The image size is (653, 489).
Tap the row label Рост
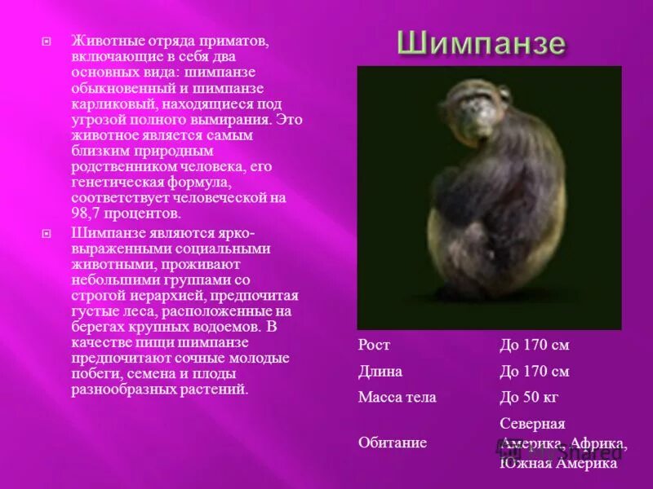pyautogui.click(x=374, y=345)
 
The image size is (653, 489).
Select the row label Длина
pyautogui.click(x=380, y=371)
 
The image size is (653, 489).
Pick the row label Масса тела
pyautogui.click(x=397, y=398)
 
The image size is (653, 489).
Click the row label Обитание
pyautogui.click(x=393, y=443)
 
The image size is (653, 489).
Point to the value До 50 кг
pyautogui.click(x=529, y=398)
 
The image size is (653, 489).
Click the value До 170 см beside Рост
pyautogui.click(x=534, y=345)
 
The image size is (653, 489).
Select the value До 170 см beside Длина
pyautogui.click(x=534, y=371)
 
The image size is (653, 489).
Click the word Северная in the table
pyautogui.click(x=532, y=424)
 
